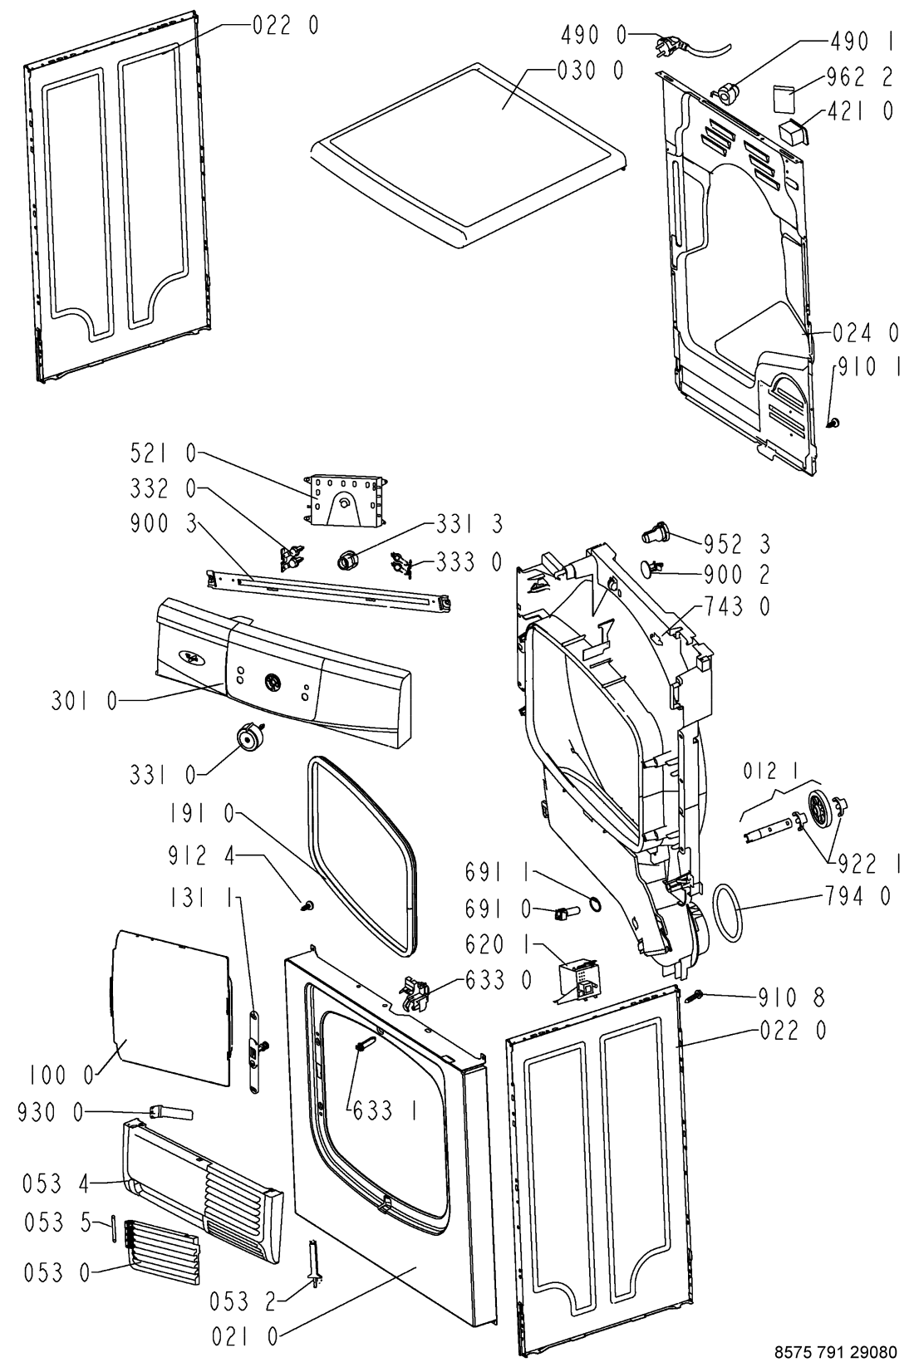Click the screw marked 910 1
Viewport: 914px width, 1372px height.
(833, 424)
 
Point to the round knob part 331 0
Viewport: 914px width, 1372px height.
(248, 736)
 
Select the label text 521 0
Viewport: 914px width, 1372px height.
(163, 453)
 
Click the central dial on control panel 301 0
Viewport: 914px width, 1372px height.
(271, 682)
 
